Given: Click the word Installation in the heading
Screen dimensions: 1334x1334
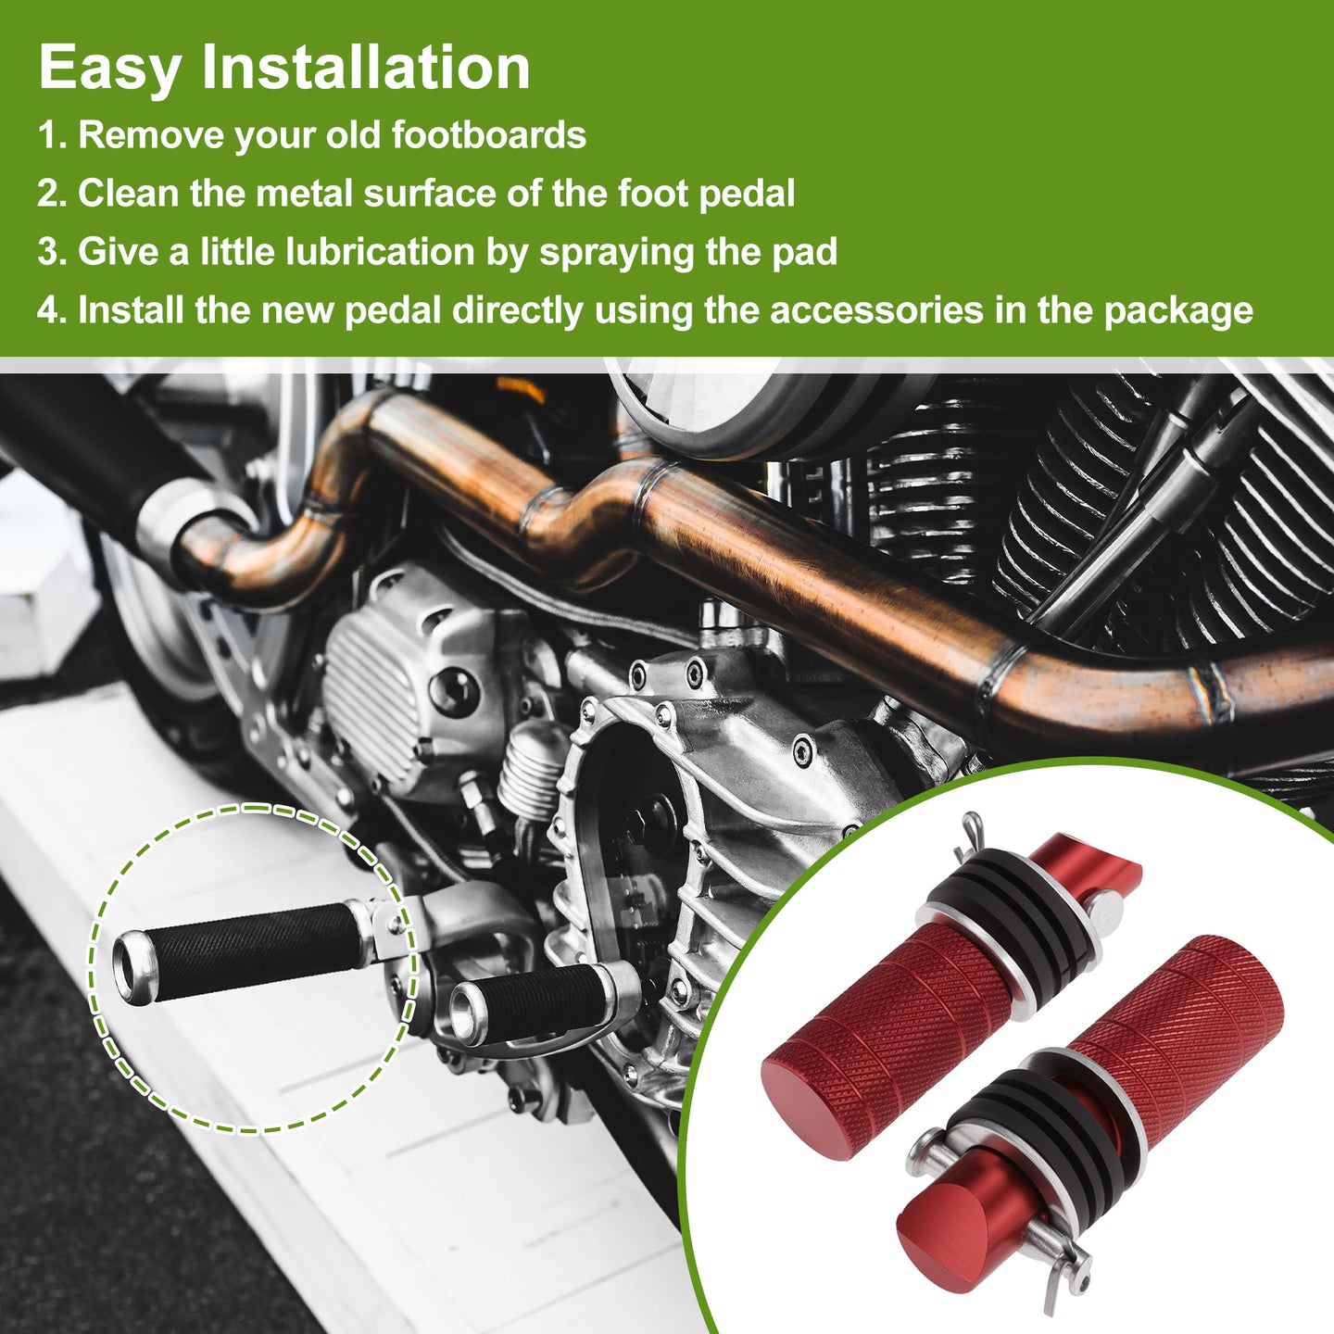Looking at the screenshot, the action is tap(366, 67).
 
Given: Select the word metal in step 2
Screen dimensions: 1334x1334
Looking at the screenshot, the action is tap(305, 192).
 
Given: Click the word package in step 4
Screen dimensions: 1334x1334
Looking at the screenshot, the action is tap(1178, 311).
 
